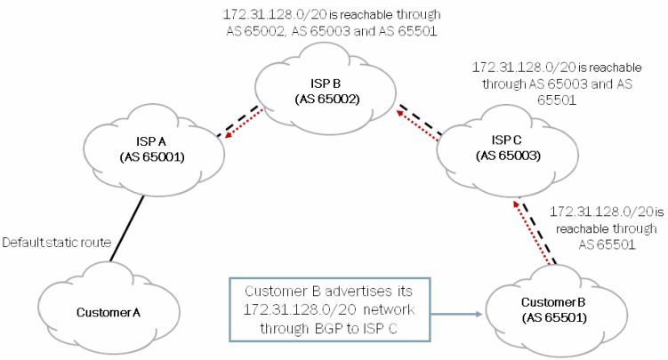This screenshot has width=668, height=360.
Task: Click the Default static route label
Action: click(x=54, y=241)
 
